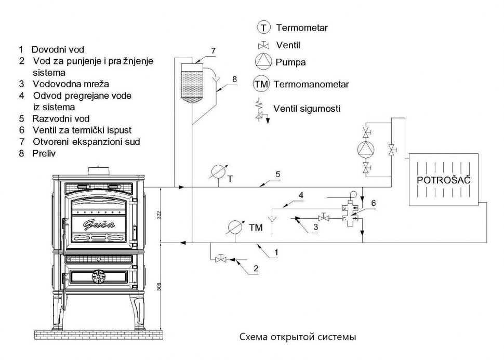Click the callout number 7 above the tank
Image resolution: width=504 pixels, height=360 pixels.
[213, 50]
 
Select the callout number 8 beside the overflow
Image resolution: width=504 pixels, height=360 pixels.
[234, 79]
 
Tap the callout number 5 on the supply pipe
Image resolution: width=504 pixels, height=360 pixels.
[278, 175]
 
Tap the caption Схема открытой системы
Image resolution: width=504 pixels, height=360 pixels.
[298, 338]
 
